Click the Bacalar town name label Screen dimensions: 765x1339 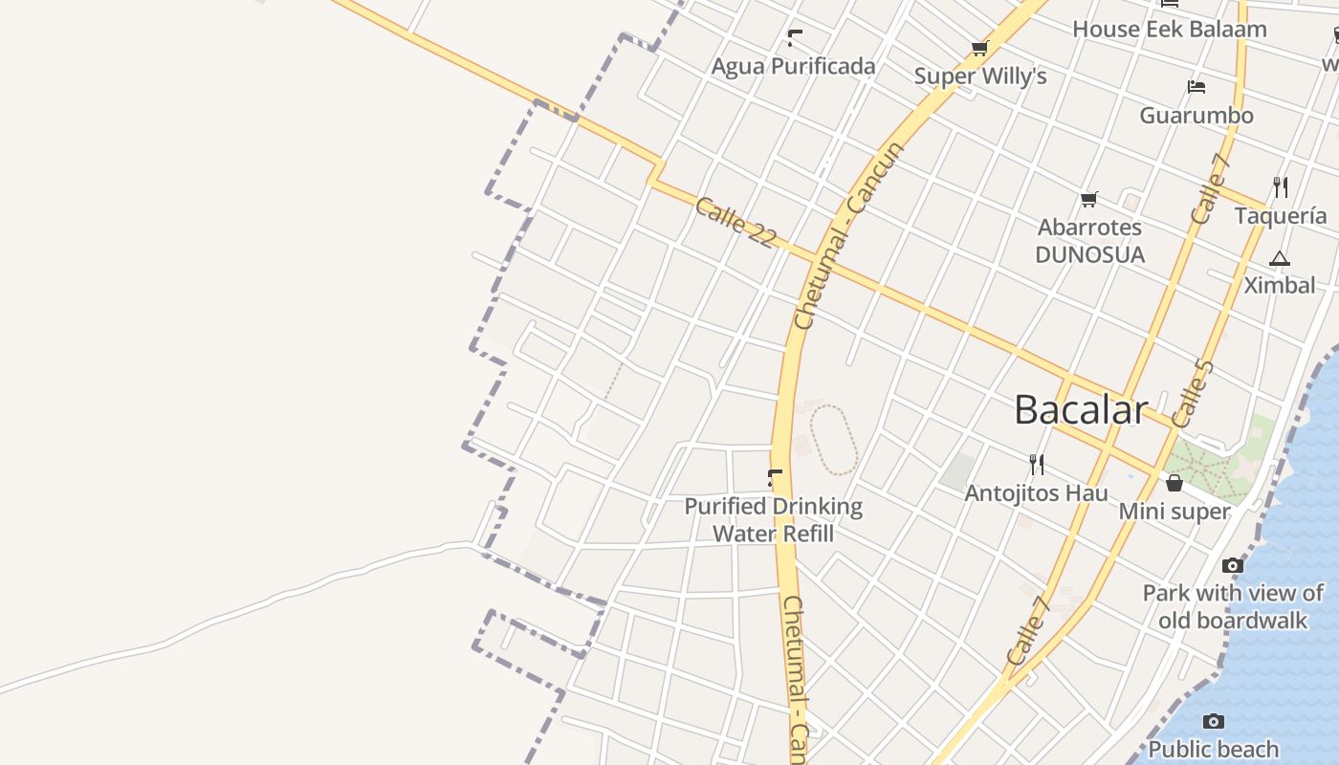click(x=1080, y=410)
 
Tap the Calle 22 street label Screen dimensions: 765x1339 click(x=735, y=223)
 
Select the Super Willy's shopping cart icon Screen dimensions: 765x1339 click(x=978, y=48)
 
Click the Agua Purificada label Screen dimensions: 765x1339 click(x=793, y=66)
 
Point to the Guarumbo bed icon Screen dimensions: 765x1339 click(x=1196, y=87)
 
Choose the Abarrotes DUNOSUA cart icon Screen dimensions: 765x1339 click(x=1088, y=199)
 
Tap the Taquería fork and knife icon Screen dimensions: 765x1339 click(x=1281, y=186)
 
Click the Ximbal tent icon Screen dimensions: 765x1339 click(x=1279, y=258)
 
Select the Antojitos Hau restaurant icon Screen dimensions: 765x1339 click(x=1036, y=465)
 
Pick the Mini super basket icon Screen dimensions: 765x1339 click(x=1174, y=483)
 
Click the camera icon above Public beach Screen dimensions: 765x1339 click(x=1213, y=721)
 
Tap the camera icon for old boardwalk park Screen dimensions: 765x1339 click(x=1233, y=565)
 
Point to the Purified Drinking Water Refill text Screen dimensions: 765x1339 click(x=773, y=519)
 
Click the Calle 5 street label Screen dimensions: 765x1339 click(x=1192, y=393)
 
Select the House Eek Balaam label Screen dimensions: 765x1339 click(x=1169, y=29)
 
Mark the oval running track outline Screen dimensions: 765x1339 click(x=834, y=440)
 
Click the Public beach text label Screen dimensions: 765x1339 click(x=1213, y=749)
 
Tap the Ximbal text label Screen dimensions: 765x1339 click(x=1279, y=285)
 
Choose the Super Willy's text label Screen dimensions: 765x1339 click(x=980, y=76)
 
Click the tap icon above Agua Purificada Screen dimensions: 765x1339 click(x=794, y=38)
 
